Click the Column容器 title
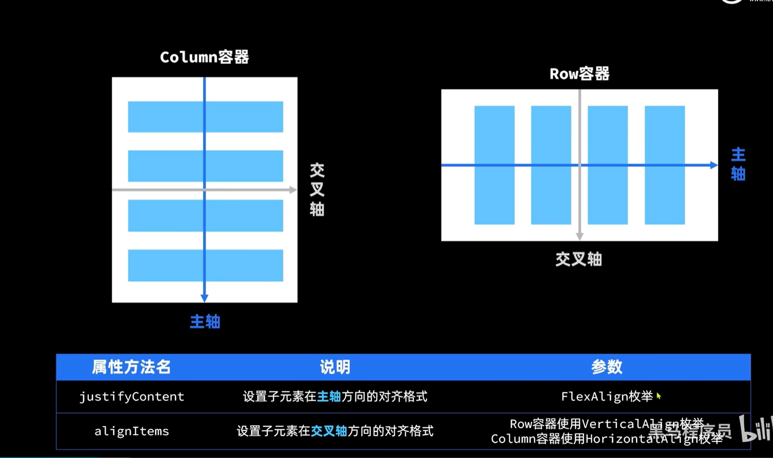204,57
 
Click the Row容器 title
579,74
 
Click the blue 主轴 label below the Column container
205,321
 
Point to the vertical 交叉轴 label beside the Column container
317,190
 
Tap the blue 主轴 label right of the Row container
738,164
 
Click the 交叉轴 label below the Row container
579,259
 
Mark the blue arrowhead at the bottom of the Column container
204,298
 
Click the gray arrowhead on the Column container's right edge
292,190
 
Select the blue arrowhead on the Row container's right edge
713,165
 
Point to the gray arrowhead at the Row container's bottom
579,237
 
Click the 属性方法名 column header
131,367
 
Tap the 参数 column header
606,367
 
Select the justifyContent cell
132,396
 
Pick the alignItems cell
132,431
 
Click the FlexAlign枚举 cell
606,396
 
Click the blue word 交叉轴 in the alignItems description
329,431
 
